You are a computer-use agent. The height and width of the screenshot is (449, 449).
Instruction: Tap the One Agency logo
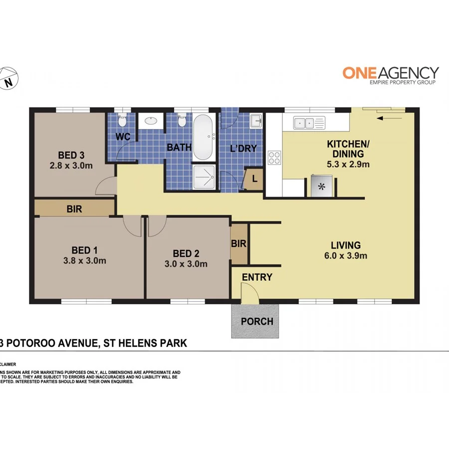[390, 75]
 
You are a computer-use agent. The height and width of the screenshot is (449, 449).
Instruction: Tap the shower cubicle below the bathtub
[204, 177]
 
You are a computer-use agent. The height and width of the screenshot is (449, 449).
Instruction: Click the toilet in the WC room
[123, 120]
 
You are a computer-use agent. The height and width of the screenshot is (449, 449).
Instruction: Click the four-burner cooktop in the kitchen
[274, 158]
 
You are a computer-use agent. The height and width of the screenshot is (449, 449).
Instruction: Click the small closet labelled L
[254, 179]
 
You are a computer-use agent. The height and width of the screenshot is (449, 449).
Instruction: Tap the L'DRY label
[242, 148]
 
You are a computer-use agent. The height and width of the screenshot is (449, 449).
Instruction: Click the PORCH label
[257, 321]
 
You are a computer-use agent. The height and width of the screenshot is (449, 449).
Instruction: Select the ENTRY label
[257, 277]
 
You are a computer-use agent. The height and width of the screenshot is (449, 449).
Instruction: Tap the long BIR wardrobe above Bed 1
[74, 209]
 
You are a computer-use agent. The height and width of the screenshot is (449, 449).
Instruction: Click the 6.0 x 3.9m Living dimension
[346, 256]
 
